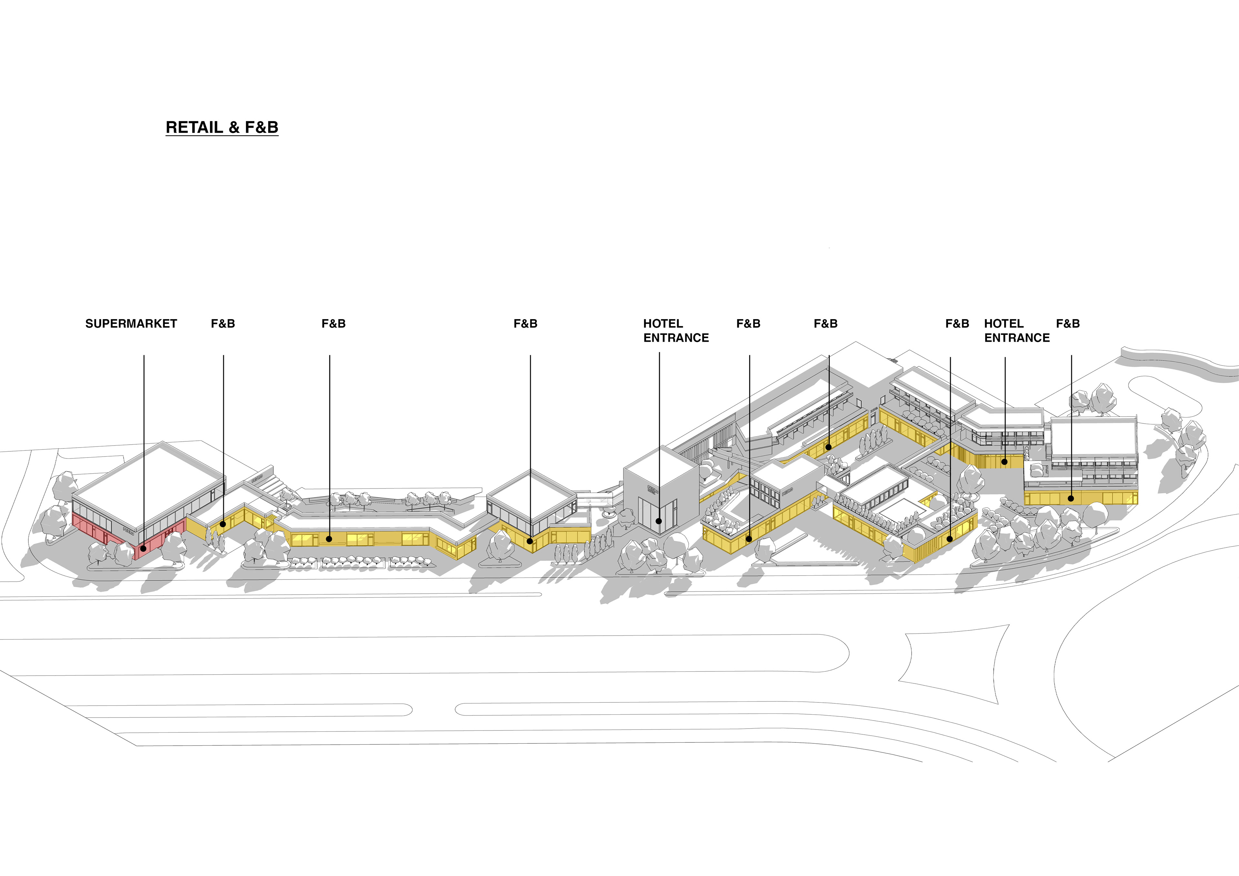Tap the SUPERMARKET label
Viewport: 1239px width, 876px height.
click(131, 324)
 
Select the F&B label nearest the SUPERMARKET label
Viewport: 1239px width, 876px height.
click(223, 324)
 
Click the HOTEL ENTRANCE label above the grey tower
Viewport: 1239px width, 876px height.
click(676, 331)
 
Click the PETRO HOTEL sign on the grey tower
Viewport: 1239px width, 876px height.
click(653, 490)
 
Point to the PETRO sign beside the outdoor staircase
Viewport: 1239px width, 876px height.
click(256, 478)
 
